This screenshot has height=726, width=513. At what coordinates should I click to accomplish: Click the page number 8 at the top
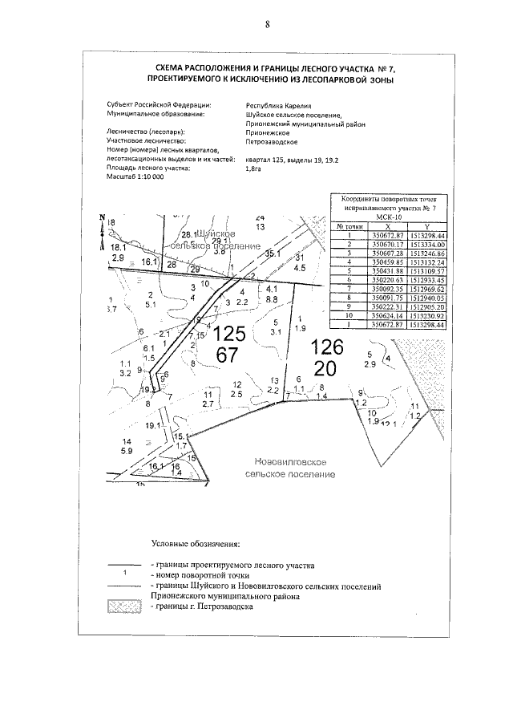(267, 24)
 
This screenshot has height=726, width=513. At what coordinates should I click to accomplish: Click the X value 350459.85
(386, 262)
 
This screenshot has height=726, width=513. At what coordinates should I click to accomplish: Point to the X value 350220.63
(386, 279)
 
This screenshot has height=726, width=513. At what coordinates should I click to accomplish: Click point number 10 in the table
(349, 315)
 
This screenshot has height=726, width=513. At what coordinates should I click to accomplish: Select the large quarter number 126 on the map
(326, 347)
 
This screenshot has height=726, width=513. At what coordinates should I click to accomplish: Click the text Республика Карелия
(277, 105)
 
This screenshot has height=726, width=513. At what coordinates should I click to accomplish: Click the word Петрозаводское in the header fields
(271, 140)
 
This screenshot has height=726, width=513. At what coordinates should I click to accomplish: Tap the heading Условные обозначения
(196, 545)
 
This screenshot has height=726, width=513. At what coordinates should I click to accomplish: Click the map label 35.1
(273, 253)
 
